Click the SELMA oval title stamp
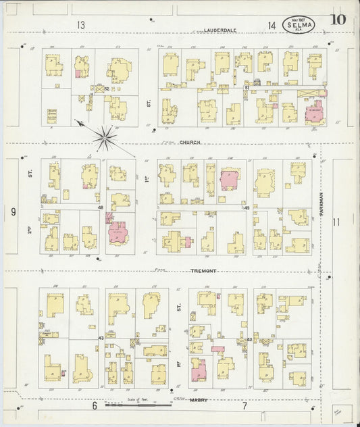299,26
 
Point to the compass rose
106,138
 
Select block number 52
105,88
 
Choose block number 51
248,87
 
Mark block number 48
101,207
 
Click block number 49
247,207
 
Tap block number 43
101,337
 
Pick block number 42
249,339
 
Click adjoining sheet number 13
81,26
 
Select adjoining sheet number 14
271,26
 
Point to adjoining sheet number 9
13,212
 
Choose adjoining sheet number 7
245,405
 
